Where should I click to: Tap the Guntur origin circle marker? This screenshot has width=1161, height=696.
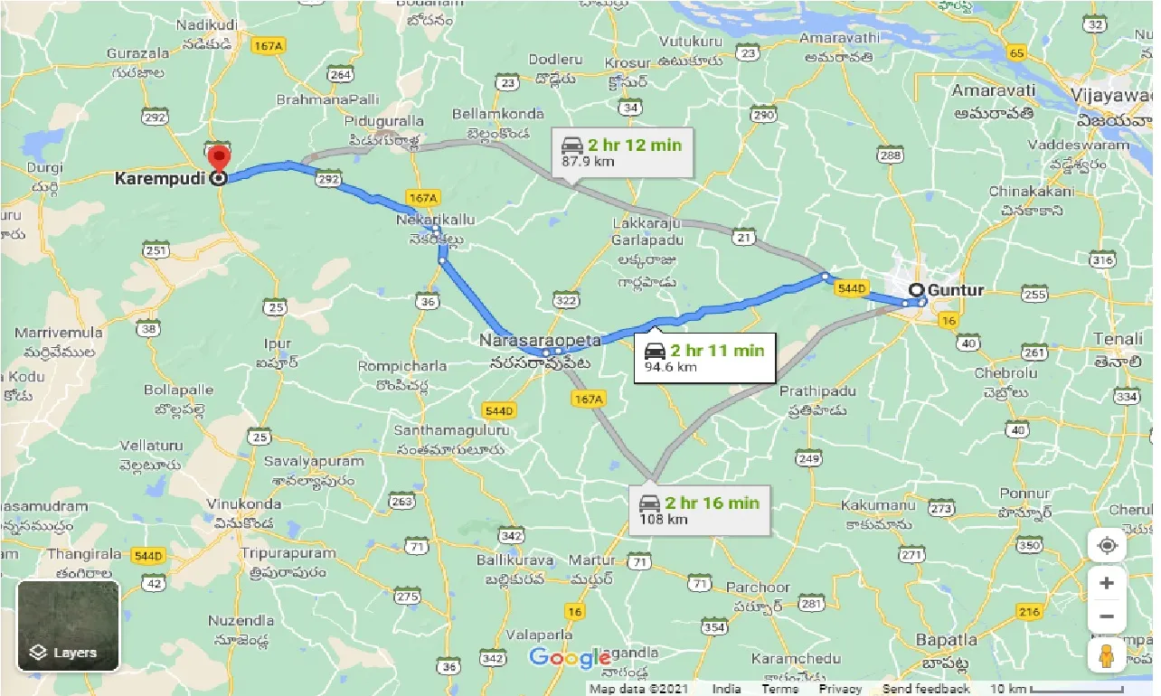click(917, 290)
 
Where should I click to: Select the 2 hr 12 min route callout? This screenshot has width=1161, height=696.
click(621, 151)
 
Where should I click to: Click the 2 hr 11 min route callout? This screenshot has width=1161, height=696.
click(703, 358)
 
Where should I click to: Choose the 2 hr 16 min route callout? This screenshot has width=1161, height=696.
click(699, 510)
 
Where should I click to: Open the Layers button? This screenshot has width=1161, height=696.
click(68, 626)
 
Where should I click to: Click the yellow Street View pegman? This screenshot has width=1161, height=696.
click(1106, 658)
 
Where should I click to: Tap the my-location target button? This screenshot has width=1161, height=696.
click(1106, 545)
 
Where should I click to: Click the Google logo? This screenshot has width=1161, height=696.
click(570, 657)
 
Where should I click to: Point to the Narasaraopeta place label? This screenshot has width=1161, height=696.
click(541, 341)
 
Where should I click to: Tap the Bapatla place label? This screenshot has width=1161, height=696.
click(946, 640)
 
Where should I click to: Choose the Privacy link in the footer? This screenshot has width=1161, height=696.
click(840, 689)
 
